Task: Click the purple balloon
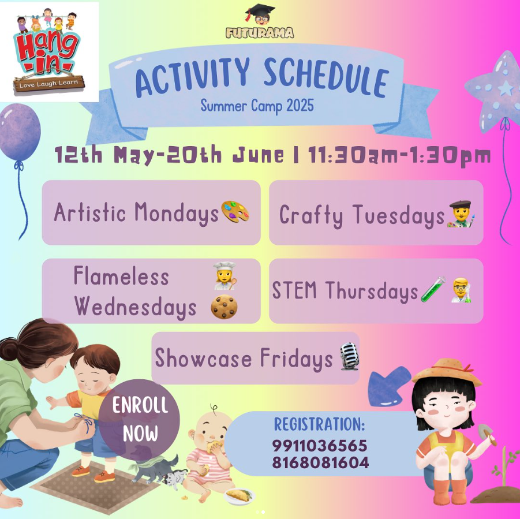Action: point(20,132)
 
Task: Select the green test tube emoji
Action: point(433,290)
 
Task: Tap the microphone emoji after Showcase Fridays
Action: point(349,356)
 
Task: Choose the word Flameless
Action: point(121,277)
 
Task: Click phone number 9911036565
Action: point(320,446)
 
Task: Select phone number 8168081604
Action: point(320,462)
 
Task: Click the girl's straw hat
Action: point(447,372)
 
